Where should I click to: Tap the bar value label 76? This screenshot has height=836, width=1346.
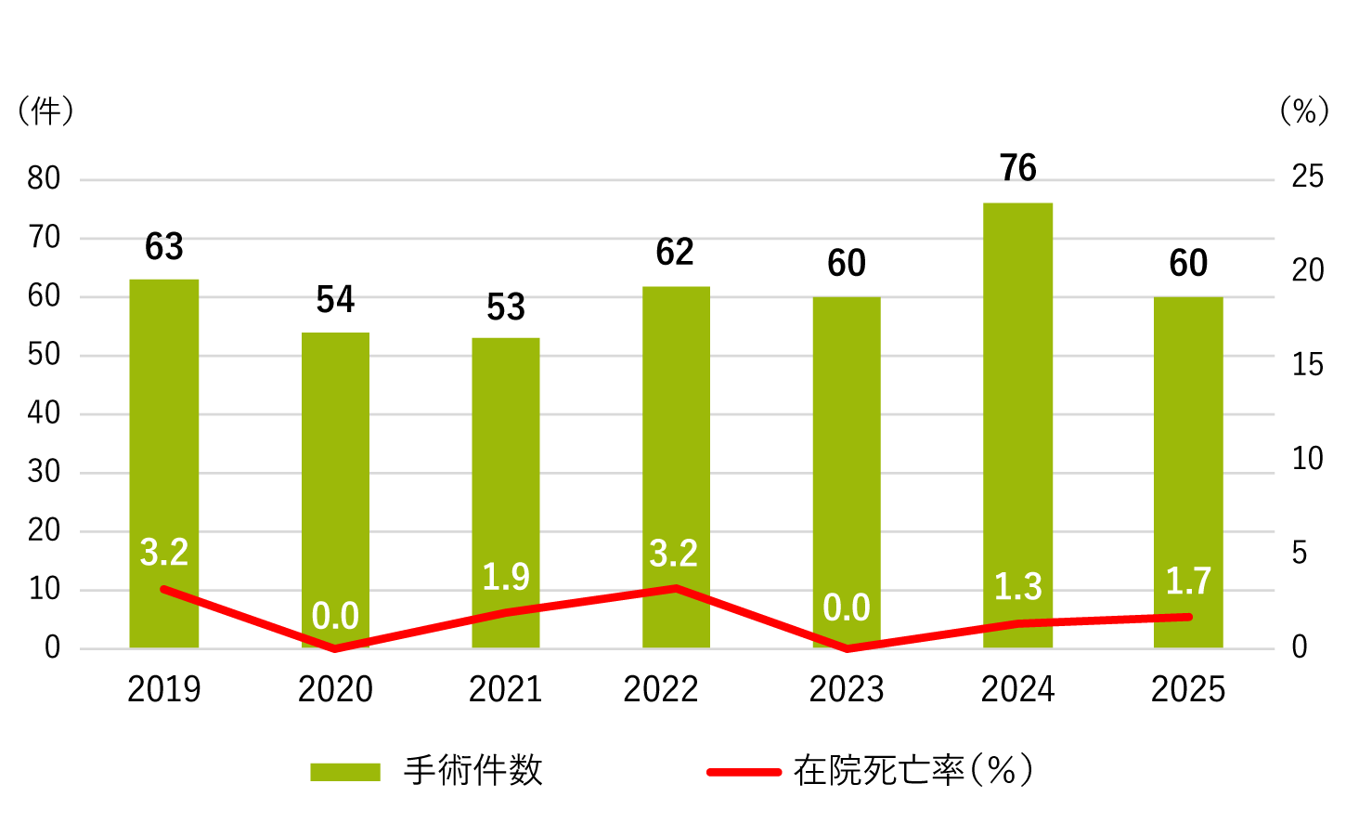(1017, 168)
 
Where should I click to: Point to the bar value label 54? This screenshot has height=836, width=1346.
(335, 300)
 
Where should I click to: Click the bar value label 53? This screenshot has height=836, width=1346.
(506, 307)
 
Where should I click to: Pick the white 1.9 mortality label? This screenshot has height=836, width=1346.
(506, 577)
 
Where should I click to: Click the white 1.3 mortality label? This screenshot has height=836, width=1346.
(1017, 587)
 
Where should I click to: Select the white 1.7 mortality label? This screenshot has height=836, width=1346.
(1188, 581)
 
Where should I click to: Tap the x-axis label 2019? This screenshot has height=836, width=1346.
(164, 689)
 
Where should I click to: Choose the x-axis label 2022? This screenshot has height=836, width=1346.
(661, 689)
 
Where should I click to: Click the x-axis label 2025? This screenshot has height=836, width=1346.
(1188, 689)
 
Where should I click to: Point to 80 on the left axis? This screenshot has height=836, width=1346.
(44, 178)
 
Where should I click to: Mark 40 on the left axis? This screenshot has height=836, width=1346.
(44, 413)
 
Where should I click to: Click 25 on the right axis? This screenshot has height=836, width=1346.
(1307, 176)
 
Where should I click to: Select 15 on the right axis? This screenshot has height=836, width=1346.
(1307, 365)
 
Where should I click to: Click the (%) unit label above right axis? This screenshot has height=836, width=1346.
(1304, 111)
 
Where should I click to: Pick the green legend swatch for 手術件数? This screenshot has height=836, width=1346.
(345, 772)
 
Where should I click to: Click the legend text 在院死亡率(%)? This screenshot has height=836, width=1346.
(913, 771)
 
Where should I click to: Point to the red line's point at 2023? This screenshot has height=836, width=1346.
(847, 647)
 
